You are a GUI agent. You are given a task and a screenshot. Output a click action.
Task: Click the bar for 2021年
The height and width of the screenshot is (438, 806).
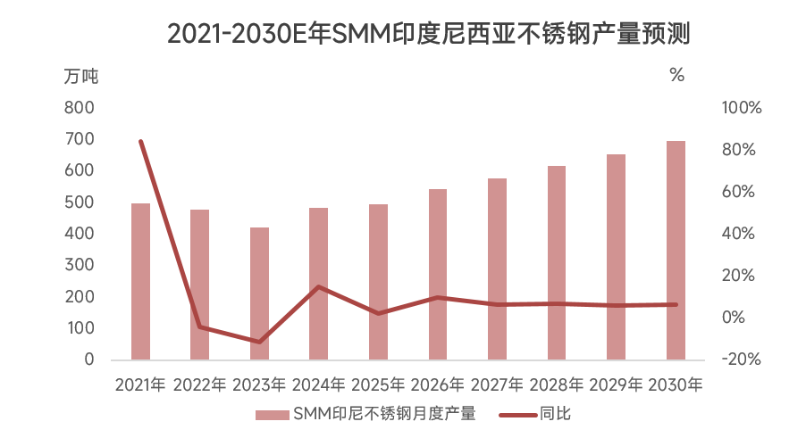(140, 281)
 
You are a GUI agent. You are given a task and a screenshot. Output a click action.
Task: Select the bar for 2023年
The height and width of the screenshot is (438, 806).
(259, 293)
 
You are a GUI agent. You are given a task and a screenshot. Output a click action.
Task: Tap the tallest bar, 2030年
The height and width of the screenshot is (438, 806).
(676, 250)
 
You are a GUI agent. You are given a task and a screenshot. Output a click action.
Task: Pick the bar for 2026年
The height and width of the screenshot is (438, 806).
(438, 274)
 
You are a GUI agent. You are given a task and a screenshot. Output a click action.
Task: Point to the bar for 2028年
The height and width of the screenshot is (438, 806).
(557, 262)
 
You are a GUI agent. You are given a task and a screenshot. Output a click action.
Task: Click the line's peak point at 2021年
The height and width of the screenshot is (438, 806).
(140, 141)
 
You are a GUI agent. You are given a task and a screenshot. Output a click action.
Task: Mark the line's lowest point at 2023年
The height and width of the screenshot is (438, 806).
(259, 342)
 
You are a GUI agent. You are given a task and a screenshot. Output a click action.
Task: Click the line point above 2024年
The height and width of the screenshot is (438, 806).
(319, 286)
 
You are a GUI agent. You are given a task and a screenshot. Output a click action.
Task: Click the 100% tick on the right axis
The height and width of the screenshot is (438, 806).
(741, 108)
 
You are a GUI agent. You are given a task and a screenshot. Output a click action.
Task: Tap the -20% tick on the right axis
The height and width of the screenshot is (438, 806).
(741, 359)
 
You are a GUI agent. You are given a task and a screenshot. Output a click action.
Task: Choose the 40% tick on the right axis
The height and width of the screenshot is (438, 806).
(741, 234)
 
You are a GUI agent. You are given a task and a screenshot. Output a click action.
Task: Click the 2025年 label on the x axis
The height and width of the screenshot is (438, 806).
(378, 385)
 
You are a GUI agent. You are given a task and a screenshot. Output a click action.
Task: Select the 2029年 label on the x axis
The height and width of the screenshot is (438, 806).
(616, 385)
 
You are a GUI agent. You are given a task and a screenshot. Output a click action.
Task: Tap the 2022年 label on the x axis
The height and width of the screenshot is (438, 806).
(200, 385)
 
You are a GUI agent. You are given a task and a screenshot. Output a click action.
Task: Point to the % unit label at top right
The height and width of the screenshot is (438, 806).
(676, 76)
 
